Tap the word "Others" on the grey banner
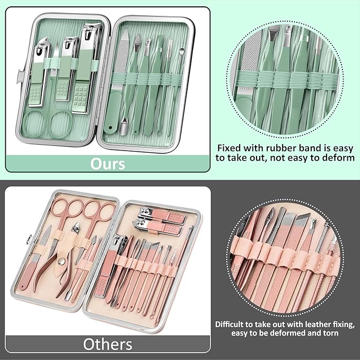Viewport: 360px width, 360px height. [x=108, y=344]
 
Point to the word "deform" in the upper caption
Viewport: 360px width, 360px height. [x=335, y=158]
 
